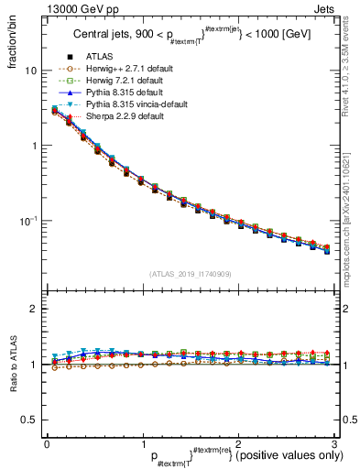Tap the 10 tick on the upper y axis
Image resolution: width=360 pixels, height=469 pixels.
(31, 71)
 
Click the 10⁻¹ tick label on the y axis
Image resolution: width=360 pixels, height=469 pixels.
(28, 221)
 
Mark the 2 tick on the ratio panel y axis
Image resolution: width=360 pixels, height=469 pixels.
(33, 309)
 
